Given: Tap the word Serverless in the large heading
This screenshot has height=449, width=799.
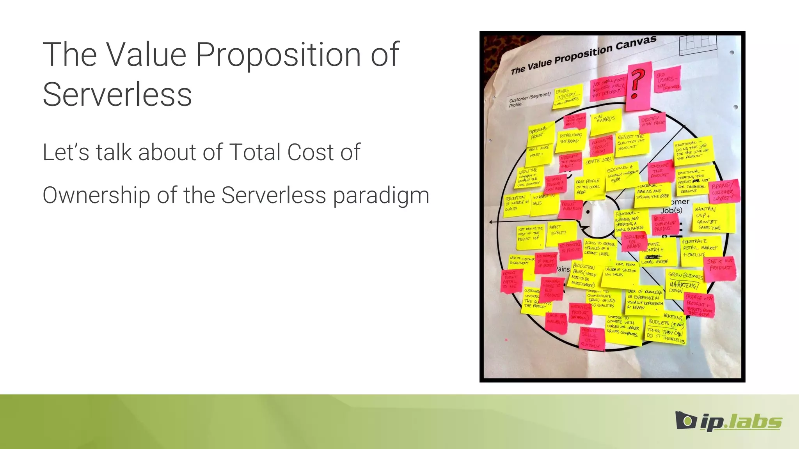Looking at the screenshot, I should pyautogui.click(x=117, y=95).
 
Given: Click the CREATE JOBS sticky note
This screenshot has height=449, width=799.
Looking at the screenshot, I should pyautogui.click(x=598, y=161).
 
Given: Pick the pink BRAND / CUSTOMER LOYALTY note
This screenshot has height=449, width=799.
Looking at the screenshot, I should pyautogui.click(x=722, y=192).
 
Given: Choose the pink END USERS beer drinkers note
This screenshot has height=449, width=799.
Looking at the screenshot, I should pyautogui.click(x=668, y=80).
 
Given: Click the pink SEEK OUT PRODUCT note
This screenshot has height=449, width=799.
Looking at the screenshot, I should pyautogui.click(x=721, y=267).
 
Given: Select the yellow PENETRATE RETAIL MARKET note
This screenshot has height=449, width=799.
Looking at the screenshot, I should pyautogui.click(x=700, y=248).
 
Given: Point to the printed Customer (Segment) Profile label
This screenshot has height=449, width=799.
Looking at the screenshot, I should pyautogui.click(x=529, y=100).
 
